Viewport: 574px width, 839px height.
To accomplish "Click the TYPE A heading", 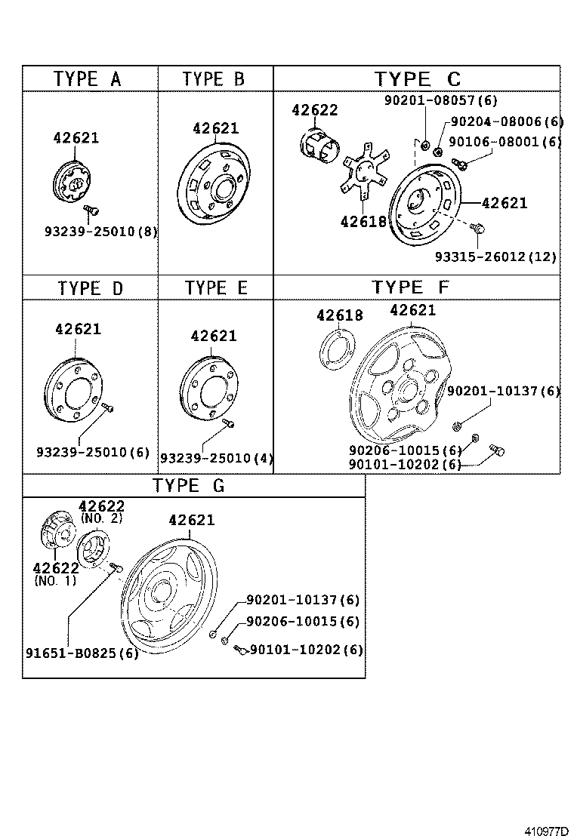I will tap(88, 78).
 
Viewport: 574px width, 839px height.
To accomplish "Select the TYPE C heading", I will tap(417, 78).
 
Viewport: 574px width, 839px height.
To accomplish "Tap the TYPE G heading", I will tap(189, 485).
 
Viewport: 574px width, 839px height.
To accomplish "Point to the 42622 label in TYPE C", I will tap(314, 110).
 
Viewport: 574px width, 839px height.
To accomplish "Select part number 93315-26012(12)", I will tap(495, 257).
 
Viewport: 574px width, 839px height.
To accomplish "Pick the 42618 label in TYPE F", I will tap(339, 316).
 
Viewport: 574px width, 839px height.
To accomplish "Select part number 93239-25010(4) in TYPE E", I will tap(216, 457).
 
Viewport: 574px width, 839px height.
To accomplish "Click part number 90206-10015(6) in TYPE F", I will tap(405, 450).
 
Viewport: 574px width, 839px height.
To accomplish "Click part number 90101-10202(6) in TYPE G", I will tap(306, 650).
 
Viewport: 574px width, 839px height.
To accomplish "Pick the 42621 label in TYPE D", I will tap(78, 330).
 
